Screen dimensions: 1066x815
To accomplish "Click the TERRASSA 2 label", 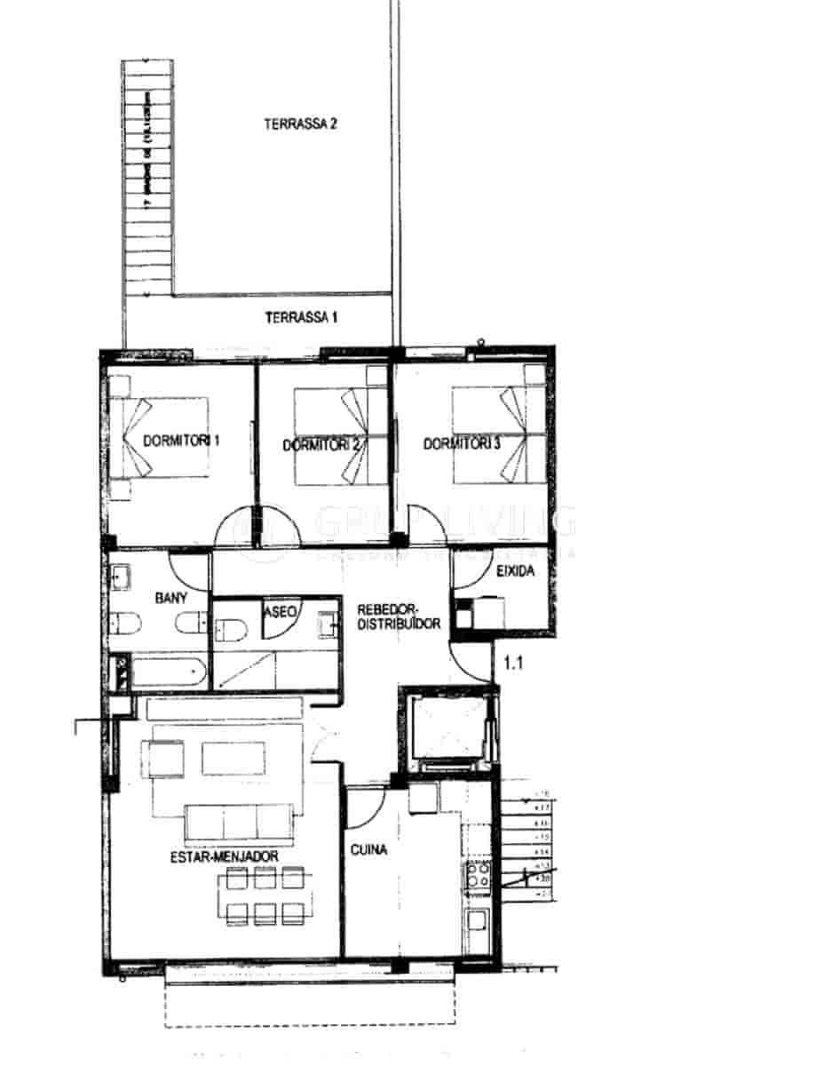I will (300, 124).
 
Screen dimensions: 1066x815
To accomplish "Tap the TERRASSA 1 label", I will (301, 317).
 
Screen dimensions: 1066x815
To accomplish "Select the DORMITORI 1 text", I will (181, 441).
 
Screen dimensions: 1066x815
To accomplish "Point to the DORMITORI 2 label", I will (320, 446).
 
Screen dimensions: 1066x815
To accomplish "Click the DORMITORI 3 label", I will (462, 443).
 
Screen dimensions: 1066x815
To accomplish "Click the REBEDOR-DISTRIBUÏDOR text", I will (399, 617).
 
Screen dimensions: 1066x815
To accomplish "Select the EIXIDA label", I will (516, 572).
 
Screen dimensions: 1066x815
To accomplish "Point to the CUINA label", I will (369, 849).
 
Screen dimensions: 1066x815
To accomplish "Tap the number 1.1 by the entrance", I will (514, 662).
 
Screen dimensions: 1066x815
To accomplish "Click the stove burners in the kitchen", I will (477, 875).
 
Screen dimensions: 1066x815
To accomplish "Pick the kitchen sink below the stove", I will (478, 919).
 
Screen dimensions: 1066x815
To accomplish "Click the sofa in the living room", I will (238, 821).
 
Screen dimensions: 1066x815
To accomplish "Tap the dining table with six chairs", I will (265, 895).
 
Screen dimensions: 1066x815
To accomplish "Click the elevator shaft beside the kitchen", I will (447, 731).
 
